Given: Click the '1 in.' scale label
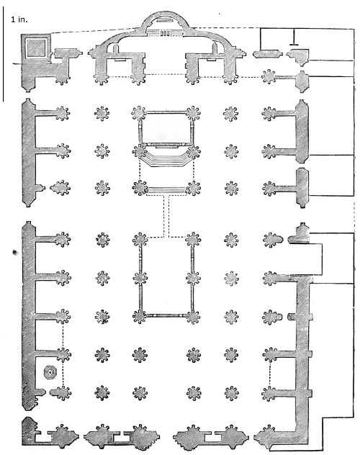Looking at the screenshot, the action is click(x=19, y=19).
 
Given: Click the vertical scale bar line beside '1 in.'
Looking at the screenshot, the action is click(x=3, y=54).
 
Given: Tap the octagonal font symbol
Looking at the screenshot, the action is click(x=50, y=372).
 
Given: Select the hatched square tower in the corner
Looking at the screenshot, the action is click(x=36, y=48).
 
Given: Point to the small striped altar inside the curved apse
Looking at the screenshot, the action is click(x=164, y=33).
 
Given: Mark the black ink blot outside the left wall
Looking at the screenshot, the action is click(x=15, y=253).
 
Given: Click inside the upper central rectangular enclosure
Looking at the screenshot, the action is click(x=166, y=129).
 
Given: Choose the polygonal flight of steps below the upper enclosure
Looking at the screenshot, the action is click(x=166, y=160).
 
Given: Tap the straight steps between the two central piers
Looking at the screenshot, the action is click(x=166, y=190).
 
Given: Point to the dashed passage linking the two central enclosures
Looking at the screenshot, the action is click(x=166, y=216).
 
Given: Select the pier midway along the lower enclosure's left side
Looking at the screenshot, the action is click(x=140, y=278).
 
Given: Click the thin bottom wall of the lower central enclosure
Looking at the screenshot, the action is click(x=166, y=315).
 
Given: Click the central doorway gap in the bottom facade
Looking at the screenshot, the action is click(x=166, y=436).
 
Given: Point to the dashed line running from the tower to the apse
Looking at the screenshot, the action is click(x=96, y=31).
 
